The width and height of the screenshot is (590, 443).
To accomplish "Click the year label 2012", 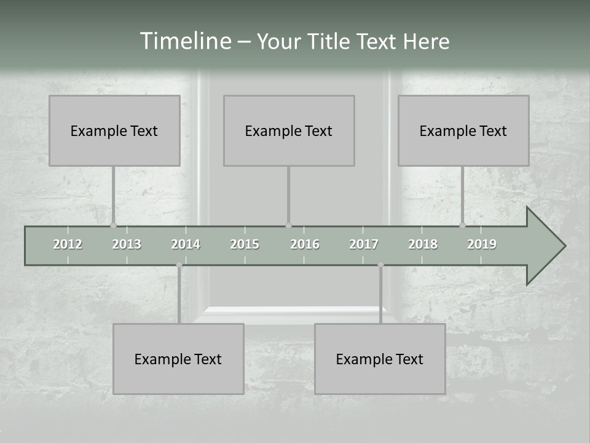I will [68, 244].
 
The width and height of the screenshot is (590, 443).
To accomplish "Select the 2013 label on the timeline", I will [127, 244].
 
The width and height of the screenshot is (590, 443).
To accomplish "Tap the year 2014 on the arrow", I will [186, 244].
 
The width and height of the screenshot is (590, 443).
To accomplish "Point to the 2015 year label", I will [245, 244].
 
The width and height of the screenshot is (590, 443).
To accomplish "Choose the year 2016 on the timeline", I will [305, 244].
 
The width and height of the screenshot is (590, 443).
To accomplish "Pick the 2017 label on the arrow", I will [364, 244].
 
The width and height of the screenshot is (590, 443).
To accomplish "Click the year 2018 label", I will [423, 244].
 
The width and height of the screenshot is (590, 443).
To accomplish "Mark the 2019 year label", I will [482, 244].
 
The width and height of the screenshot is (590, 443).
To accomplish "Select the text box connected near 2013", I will [114, 130].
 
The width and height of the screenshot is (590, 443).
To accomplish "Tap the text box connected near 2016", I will [289, 130].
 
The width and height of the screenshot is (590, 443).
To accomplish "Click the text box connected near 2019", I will [463, 130].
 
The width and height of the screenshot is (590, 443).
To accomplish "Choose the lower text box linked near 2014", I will [178, 359].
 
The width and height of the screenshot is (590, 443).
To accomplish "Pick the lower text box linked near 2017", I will [380, 359].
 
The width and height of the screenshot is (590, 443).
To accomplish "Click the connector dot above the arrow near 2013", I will [113, 225].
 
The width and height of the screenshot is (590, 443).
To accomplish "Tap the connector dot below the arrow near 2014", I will [179, 265].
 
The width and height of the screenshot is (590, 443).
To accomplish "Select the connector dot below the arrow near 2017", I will [380, 265].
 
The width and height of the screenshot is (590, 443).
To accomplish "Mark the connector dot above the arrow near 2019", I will [463, 225].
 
